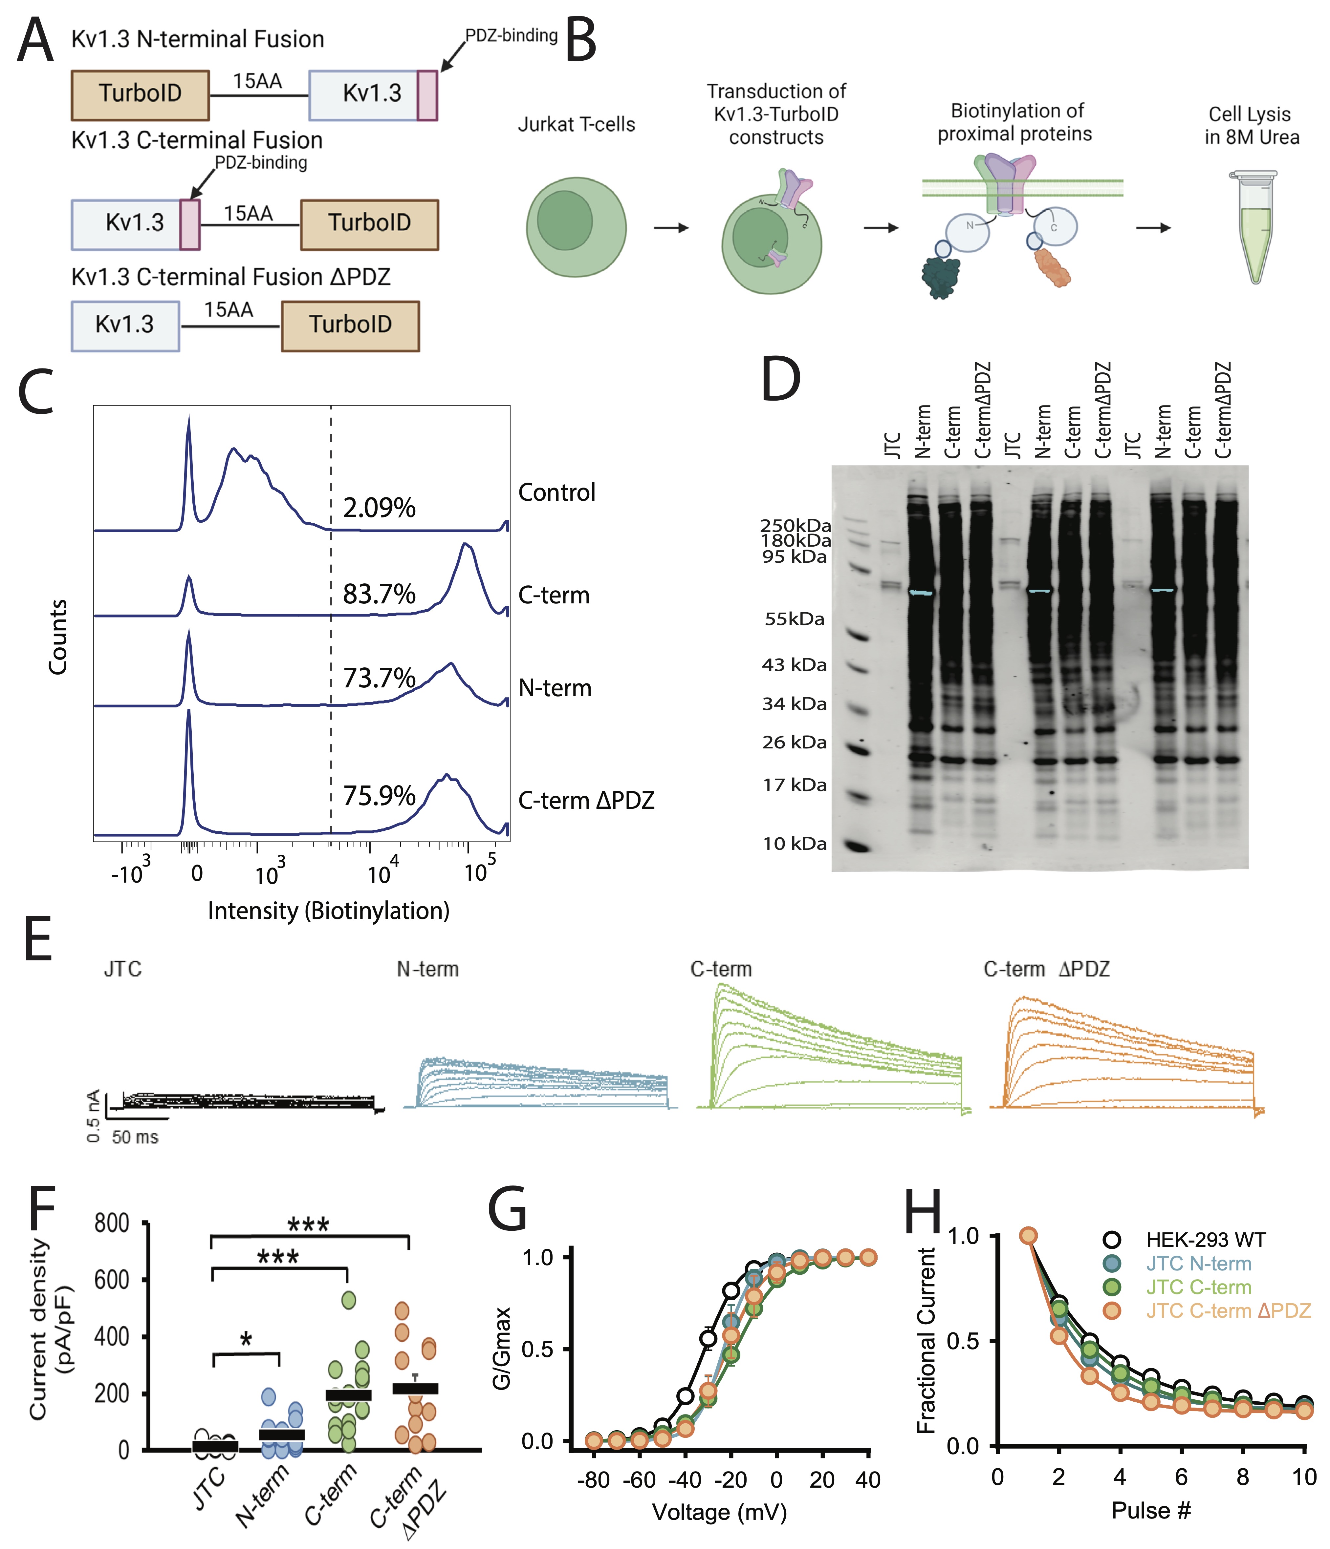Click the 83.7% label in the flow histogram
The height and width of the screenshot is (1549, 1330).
pos(379,594)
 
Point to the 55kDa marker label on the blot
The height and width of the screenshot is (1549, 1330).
pos(795,619)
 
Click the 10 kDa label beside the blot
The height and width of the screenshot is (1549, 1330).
pos(795,844)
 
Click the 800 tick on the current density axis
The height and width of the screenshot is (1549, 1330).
pos(112,1224)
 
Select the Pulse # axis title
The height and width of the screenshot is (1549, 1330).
pos(1150,1511)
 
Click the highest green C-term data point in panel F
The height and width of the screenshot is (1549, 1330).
pos(349,1300)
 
